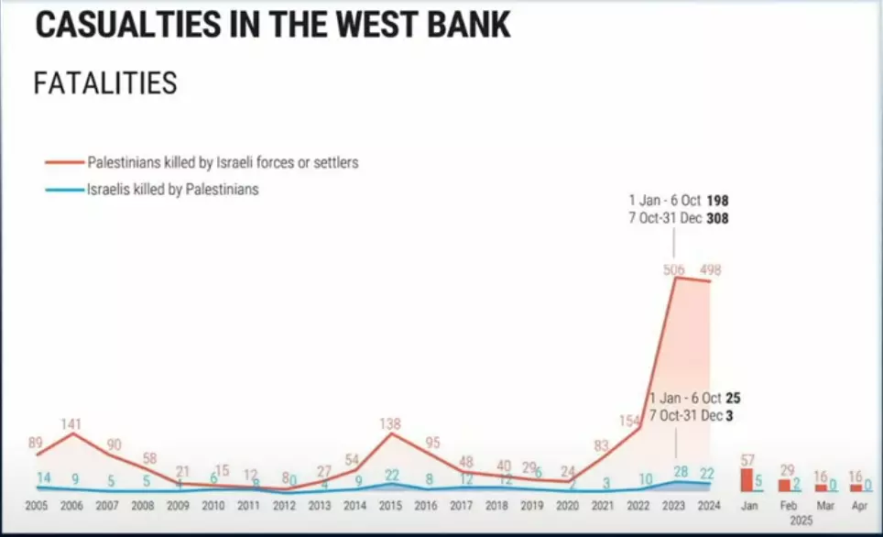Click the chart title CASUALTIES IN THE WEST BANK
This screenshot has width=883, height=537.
click(x=272, y=25)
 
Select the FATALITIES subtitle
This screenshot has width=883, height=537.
click(x=105, y=83)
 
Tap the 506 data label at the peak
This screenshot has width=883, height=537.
click(x=674, y=268)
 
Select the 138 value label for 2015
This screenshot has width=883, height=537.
click(x=391, y=423)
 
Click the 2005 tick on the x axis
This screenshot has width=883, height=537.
click(x=37, y=506)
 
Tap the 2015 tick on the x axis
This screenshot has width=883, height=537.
click(x=391, y=506)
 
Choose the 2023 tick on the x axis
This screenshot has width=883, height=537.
click(x=674, y=506)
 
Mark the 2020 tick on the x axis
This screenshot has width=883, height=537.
click(x=568, y=506)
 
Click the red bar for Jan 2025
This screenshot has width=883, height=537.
click(x=747, y=480)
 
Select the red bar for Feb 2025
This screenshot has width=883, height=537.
click(x=784, y=486)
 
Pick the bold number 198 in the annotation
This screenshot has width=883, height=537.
click(x=717, y=199)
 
